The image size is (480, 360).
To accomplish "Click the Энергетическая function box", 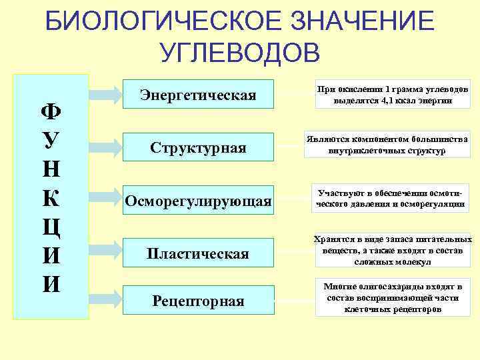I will [x=198, y=95].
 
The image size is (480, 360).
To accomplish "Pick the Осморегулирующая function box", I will [x=198, y=201].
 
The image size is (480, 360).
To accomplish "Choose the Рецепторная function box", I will [x=198, y=301].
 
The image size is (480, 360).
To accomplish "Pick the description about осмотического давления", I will [x=390, y=199].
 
